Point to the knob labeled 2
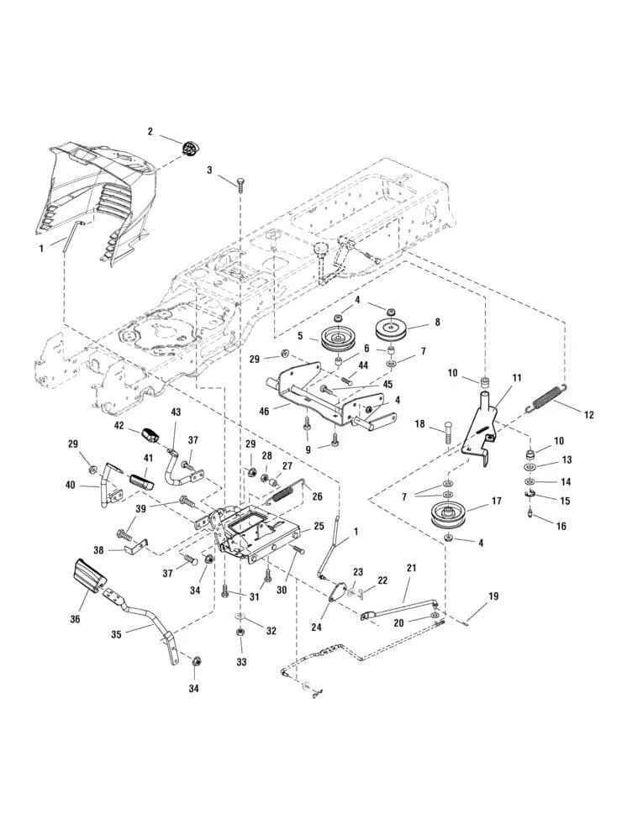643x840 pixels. coord(189,148)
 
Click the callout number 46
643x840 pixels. coord(265,412)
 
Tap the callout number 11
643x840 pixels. coord(517,378)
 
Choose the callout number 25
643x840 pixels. coord(318,527)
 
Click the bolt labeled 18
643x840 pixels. coord(446,432)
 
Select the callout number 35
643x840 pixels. coord(118,634)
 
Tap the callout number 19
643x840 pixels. coord(493,596)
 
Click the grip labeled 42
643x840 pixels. coord(151,434)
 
